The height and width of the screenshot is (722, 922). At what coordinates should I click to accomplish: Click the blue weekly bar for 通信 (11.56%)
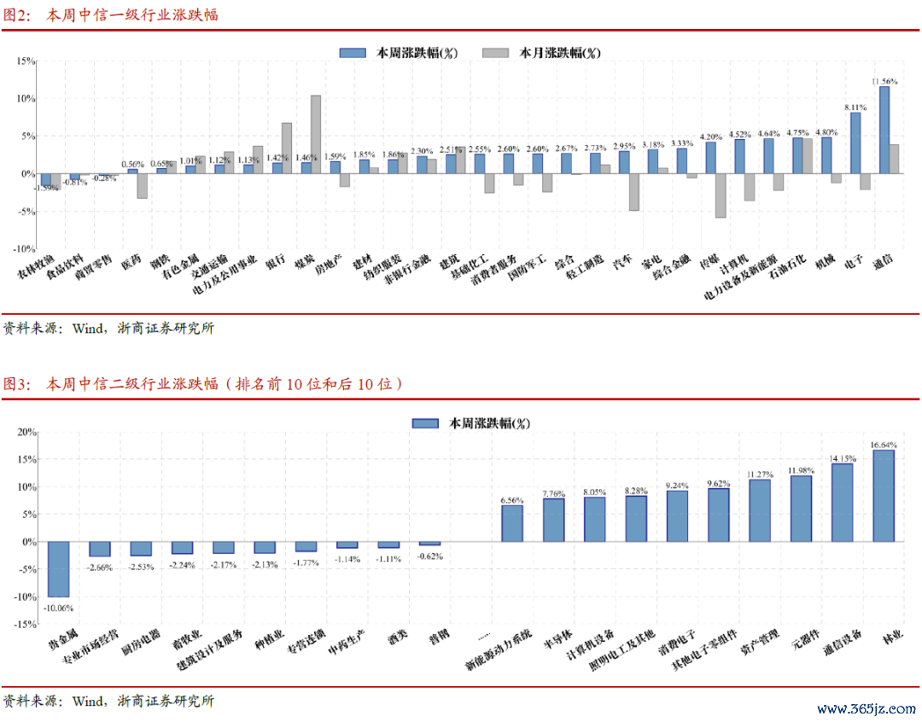click(884, 130)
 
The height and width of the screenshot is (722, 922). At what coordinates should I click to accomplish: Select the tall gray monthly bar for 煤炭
click(316, 134)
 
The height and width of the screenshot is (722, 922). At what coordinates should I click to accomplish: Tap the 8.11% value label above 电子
click(855, 108)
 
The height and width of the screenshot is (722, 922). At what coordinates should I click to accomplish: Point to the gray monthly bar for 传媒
click(721, 195)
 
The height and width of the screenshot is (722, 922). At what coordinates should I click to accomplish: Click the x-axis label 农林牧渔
click(39, 268)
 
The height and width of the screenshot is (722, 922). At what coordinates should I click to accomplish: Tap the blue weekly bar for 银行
click(277, 168)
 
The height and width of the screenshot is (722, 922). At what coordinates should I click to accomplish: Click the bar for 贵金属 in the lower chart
click(59, 569)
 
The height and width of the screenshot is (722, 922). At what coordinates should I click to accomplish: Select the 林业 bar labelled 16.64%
click(884, 496)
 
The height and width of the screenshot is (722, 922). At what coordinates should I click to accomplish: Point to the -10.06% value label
click(59, 608)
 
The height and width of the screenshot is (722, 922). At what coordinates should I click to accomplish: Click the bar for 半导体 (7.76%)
click(553, 520)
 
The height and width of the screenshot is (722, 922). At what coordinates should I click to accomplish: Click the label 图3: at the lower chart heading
click(17, 384)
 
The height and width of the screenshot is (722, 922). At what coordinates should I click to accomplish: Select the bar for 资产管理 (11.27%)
click(760, 510)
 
